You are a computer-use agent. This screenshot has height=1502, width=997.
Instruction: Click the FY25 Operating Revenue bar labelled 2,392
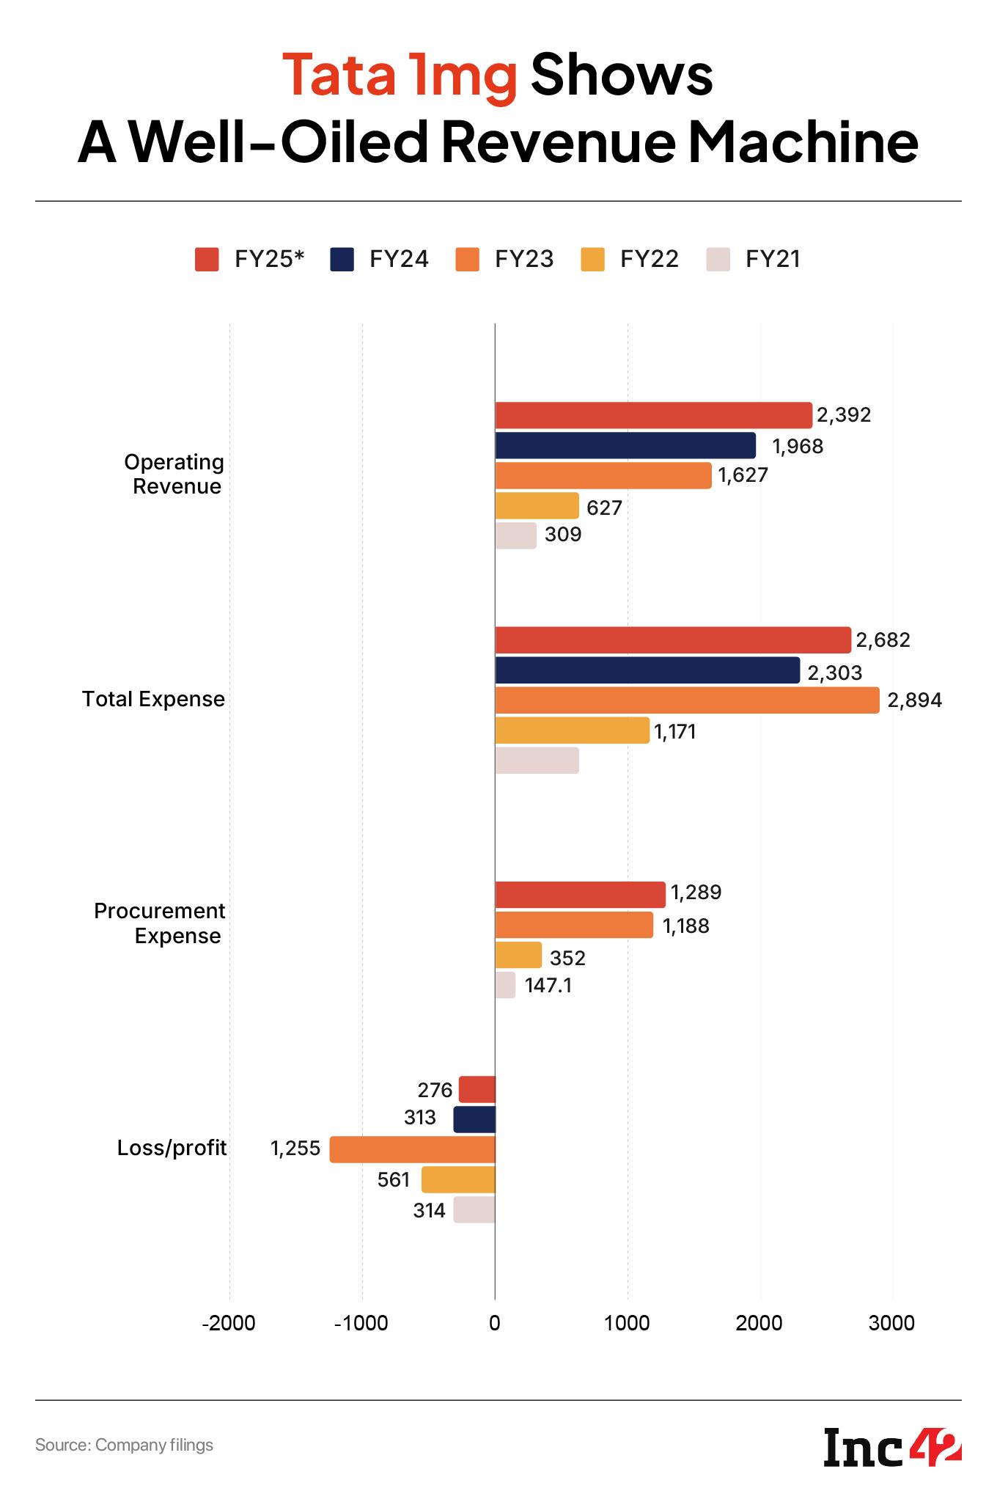click(653, 415)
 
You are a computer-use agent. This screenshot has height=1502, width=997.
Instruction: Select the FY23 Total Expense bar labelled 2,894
click(687, 700)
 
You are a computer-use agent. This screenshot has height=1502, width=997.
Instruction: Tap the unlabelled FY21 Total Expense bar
click(537, 761)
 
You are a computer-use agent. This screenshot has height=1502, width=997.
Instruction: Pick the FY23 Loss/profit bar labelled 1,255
click(412, 1149)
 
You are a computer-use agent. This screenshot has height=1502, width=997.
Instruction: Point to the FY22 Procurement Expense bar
click(518, 955)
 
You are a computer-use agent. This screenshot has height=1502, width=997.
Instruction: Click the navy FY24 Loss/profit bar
click(474, 1119)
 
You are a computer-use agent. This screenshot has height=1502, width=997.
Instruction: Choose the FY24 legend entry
click(379, 260)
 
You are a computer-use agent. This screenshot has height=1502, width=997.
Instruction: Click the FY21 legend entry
click(754, 260)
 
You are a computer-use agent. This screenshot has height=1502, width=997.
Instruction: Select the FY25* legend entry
click(249, 260)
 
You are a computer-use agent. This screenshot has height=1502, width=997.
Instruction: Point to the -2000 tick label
click(229, 1323)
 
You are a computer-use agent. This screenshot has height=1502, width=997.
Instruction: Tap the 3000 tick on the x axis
click(892, 1323)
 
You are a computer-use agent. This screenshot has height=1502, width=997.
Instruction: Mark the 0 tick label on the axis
click(495, 1323)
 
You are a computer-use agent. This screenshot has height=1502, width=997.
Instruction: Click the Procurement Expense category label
click(160, 923)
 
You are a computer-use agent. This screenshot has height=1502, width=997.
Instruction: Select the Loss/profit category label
click(172, 1148)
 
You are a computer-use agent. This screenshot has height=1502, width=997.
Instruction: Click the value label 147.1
click(548, 986)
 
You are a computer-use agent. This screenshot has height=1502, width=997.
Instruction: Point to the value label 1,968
click(798, 446)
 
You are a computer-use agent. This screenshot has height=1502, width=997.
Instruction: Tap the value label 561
click(394, 1179)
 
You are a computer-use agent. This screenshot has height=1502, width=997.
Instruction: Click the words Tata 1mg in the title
click(400, 76)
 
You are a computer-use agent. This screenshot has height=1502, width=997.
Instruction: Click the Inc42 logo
click(892, 1447)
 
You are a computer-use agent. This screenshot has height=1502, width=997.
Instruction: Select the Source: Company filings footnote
click(125, 1446)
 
